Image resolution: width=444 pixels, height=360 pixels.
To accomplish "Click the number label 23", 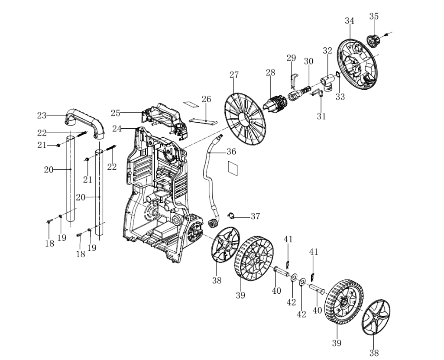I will coord(42,116).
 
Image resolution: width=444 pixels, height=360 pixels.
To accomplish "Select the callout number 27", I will coord(234,75).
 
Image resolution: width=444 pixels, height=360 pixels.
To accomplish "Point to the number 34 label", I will coord(350,21).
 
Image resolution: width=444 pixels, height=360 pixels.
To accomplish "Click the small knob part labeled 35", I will coord(373,41).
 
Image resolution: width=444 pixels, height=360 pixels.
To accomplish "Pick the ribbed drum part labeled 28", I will coord(275,104).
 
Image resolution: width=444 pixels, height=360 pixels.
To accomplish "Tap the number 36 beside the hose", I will coord(231,152).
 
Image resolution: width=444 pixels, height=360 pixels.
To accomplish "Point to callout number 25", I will coord(115,113).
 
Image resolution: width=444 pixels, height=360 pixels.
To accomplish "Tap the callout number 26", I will coord(206,99).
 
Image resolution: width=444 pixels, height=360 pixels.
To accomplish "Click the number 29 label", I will coord(291,58).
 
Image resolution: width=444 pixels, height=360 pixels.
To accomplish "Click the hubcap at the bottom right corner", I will coord(375,318).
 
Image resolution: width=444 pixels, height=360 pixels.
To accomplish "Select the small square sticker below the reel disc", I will coord(233,168).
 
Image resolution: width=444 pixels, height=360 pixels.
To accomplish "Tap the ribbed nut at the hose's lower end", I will coord(212,224).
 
